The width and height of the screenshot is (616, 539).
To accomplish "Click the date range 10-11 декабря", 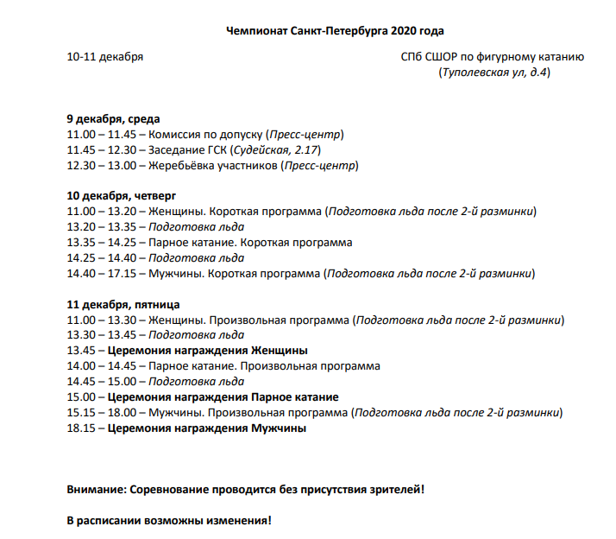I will click(105, 58).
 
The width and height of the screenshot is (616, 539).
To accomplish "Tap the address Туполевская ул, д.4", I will click(494, 72).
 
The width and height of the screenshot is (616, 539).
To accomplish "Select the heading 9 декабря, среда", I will click(113, 119).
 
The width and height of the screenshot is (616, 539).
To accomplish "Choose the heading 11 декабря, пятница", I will click(123, 305).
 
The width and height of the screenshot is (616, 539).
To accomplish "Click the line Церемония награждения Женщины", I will click(208, 351).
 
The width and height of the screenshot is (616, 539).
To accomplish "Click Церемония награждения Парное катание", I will click(223, 397).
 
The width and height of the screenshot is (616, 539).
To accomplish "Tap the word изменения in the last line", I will click(231, 521).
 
